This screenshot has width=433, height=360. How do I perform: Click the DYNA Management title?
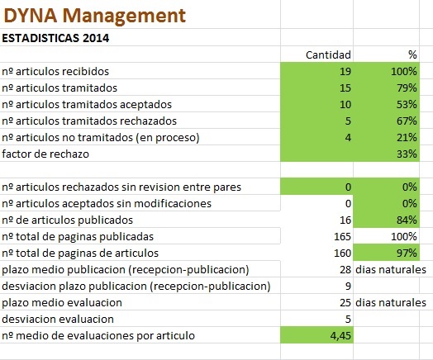point(94,16)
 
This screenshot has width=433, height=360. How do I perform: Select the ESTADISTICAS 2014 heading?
point(55,38)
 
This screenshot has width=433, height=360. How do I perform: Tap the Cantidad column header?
point(328,54)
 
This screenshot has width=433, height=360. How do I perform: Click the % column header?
point(412,54)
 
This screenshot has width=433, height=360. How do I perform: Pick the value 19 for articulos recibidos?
point(345,72)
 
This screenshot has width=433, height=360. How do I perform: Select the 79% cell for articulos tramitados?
point(407,88)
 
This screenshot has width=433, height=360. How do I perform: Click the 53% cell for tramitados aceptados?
point(407,105)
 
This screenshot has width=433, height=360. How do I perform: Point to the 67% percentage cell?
point(407,121)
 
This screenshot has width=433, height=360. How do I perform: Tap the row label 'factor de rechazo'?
point(45,154)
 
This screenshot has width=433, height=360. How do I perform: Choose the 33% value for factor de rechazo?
point(407,154)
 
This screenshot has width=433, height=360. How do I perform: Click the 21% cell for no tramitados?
point(407,137)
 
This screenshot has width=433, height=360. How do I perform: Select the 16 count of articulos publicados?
point(345,220)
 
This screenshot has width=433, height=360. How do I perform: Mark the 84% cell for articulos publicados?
point(407,220)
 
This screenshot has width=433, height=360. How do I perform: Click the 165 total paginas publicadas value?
point(342,237)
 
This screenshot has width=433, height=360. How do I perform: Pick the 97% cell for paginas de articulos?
point(407,253)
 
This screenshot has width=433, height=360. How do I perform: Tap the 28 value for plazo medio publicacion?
point(345,269)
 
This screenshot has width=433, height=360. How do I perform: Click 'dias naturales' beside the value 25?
point(391,303)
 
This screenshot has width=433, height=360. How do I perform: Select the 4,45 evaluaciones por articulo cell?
point(340,336)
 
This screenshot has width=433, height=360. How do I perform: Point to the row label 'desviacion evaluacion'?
point(58,320)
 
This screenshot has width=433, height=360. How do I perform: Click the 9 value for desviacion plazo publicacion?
point(348,286)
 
